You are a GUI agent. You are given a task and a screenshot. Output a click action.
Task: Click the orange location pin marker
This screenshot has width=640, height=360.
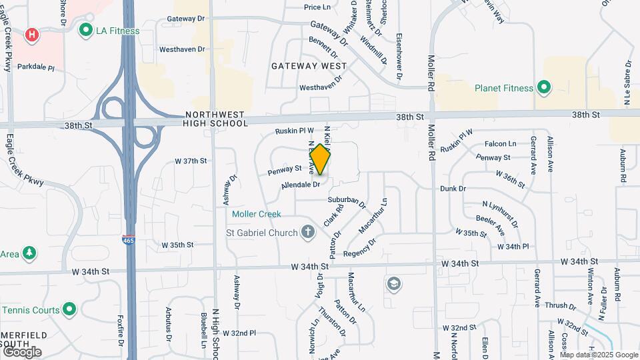coord(320,159)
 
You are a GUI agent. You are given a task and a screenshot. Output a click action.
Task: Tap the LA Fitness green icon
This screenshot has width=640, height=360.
coord(85,30)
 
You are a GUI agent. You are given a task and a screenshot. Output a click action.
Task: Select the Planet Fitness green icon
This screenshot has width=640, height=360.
coord(543,87)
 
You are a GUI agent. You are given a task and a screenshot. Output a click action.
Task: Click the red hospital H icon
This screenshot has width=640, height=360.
coord(31,34)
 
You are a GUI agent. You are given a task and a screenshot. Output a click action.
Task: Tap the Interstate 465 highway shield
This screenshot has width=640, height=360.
coord(127,239)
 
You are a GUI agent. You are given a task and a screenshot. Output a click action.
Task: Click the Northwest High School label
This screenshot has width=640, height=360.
coord(215,119)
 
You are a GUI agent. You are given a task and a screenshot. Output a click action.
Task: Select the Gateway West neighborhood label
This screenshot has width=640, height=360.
coord(309,66)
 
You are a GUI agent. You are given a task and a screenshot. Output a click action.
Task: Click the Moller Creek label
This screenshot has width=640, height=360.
coord(257,214)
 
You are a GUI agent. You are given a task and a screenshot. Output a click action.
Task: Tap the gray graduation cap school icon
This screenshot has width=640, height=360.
coord(393,284)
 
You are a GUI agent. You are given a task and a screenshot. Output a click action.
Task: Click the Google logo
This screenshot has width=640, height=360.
coord(22,351)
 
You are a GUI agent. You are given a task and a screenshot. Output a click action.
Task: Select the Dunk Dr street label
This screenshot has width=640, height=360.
coord(453,189)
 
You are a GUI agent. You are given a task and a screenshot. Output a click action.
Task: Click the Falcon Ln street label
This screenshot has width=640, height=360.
coord(500,143)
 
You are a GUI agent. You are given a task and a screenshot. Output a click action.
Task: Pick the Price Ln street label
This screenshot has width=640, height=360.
coord(317,7)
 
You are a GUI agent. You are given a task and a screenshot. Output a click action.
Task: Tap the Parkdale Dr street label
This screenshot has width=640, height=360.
coord(34,67)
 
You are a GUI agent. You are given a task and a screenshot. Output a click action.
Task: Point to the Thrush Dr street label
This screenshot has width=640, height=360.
coord(560,306)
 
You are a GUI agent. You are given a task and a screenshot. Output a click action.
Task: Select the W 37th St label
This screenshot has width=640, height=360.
coord(191,161)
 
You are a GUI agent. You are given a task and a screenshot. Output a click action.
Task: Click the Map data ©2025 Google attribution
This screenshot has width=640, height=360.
coord(599,355)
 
